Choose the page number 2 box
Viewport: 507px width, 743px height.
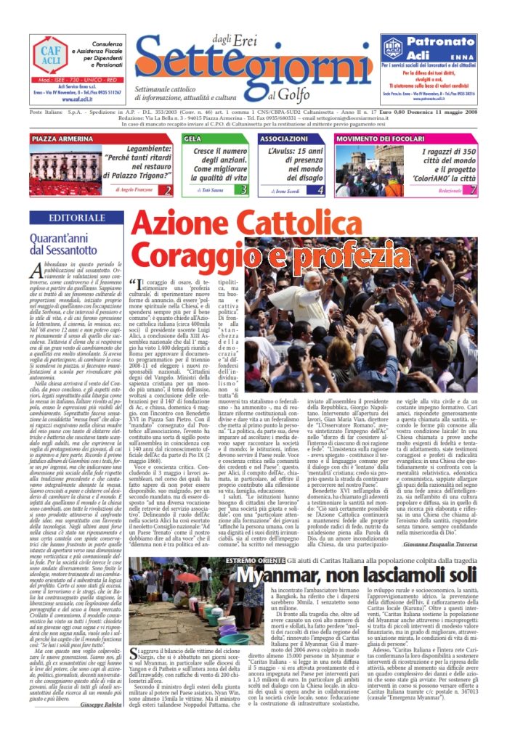point(168,190)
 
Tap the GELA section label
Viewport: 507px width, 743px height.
point(193,138)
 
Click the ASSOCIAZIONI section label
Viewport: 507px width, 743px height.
point(285,138)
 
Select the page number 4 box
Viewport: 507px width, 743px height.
point(320,190)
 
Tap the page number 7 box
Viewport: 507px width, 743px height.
point(473,190)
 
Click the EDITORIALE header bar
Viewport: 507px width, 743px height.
point(66,218)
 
